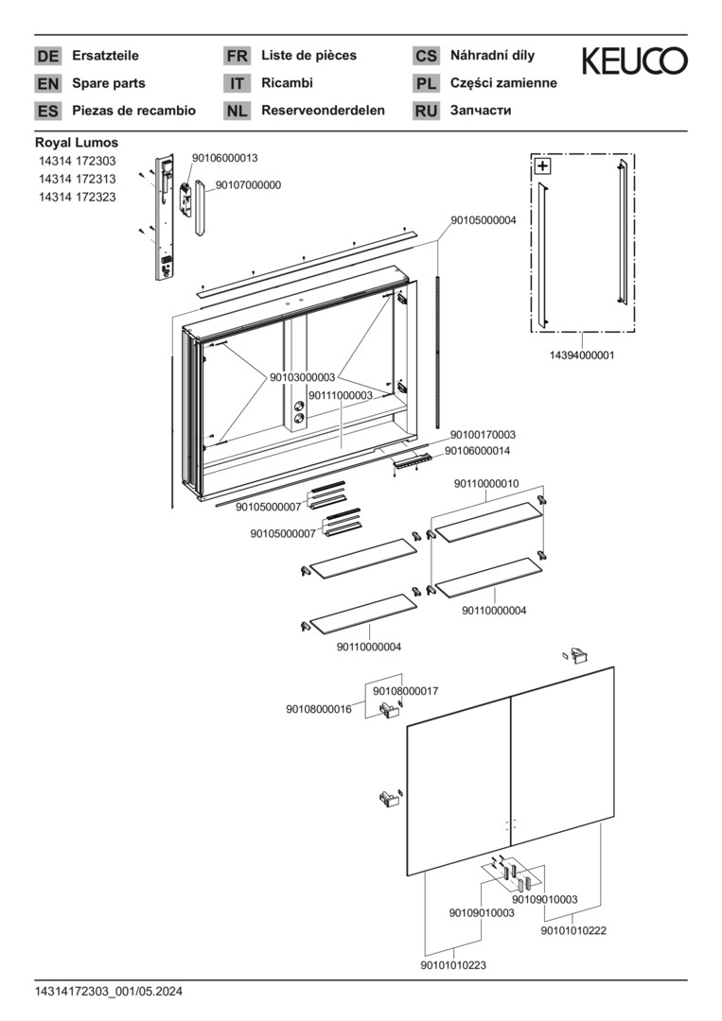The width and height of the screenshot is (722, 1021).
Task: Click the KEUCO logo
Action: (634, 61)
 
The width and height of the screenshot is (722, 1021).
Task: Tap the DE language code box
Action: (47, 56)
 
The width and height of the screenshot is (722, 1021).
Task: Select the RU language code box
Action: (426, 111)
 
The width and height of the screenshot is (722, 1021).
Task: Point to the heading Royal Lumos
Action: (77, 143)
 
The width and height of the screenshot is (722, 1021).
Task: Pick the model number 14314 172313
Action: (77, 180)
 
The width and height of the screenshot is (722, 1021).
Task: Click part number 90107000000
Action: (248, 185)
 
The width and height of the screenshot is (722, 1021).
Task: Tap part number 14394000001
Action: (582, 355)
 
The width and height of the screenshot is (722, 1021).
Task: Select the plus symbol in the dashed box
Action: (543, 167)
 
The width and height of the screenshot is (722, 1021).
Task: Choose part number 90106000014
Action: (477, 451)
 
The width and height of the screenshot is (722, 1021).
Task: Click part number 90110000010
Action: (486, 484)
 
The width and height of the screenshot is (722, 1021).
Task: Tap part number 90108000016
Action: (319, 709)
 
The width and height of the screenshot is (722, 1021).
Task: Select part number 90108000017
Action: (405, 692)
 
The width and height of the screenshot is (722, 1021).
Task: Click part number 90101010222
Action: (573, 930)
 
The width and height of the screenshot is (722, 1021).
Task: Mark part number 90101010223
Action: (453, 965)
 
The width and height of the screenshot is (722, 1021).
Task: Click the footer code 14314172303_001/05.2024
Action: (109, 992)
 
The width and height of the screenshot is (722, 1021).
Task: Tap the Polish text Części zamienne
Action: (503, 83)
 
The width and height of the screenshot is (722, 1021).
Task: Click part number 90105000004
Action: (483, 220)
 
